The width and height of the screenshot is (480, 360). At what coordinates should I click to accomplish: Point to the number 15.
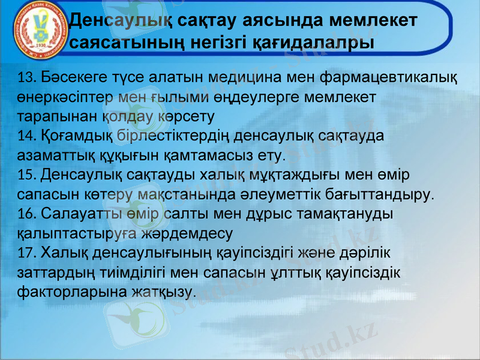point(28,175)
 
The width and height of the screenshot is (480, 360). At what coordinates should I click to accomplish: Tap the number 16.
point(28,214)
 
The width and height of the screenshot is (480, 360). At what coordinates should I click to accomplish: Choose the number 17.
point(28,252)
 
